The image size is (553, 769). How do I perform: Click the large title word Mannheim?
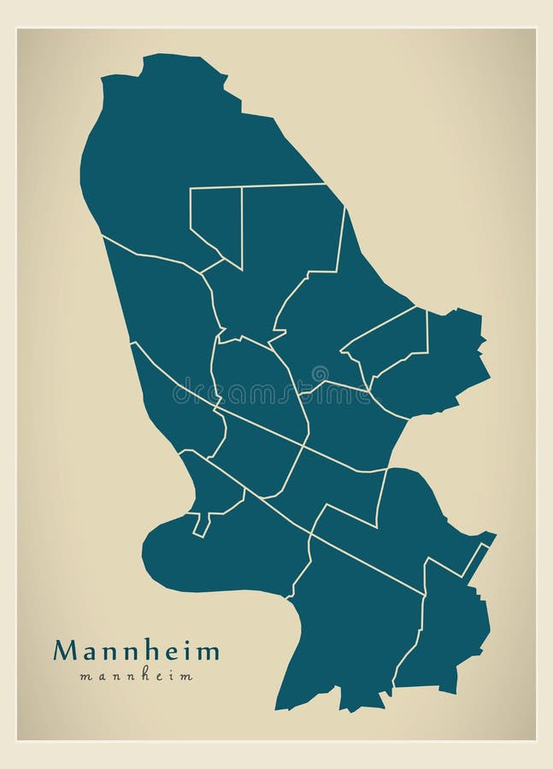coord(136,651)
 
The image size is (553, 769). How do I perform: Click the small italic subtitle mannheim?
coord(136,676)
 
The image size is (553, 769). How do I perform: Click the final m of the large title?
coord(208,652)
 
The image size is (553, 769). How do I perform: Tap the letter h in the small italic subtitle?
coord(138,676)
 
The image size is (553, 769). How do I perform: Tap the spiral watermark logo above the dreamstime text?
coord(319,374)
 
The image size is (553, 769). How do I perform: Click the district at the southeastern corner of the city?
coord(449,632)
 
